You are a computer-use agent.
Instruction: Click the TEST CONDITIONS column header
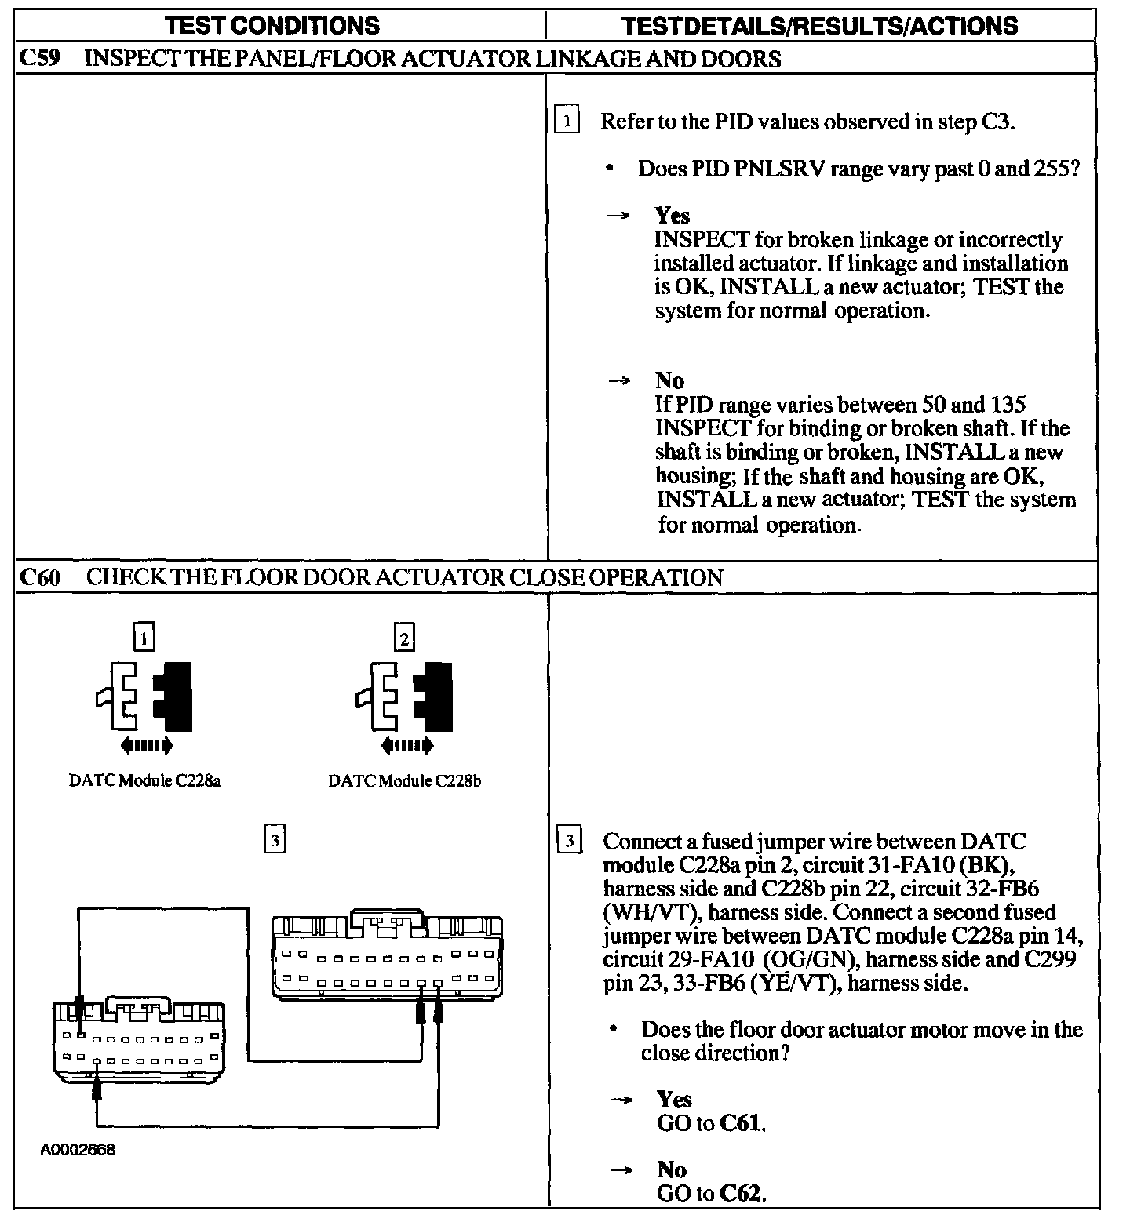[272, 26]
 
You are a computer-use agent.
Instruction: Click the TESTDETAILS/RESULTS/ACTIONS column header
[819, 26]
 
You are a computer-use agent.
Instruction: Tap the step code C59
[39, 59]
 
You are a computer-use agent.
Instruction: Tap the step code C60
[40, 578]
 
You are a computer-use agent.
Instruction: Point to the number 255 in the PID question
[1051, 169]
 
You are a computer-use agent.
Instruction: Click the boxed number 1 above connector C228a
[144, 638]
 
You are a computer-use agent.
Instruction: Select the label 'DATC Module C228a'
[145, 781]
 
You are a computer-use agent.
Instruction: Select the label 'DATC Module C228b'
[404, 781]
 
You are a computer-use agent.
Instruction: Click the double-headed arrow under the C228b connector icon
[406, 745]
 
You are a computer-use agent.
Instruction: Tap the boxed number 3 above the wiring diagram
[274, 840]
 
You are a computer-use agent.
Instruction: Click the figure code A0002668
[78, 1151]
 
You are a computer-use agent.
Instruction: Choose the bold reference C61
[739, 1123]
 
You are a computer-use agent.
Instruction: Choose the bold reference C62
[739, 1194]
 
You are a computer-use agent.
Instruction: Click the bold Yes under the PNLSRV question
[673, 216]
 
